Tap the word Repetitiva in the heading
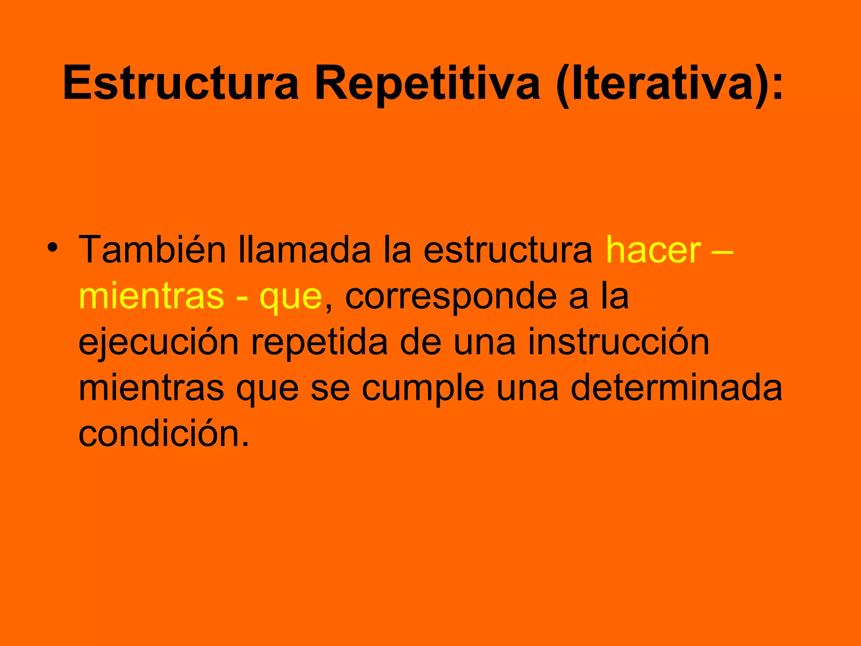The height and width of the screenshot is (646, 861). pyautogui.click(x=427, y=83)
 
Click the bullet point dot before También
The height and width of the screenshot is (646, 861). pyautogui.click(x=52, y=247)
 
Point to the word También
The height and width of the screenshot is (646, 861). pyautogui.click(x=152, y=250)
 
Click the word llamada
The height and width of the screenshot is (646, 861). pyautogui.click(x=305, y=250)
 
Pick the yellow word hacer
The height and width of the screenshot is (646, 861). pyautogui.click(x=653, y=250)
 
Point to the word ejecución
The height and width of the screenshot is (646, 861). pyautogui.click(x=159, y=343)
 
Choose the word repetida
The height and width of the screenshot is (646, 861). pyautogui.click(x=320, y=343)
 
